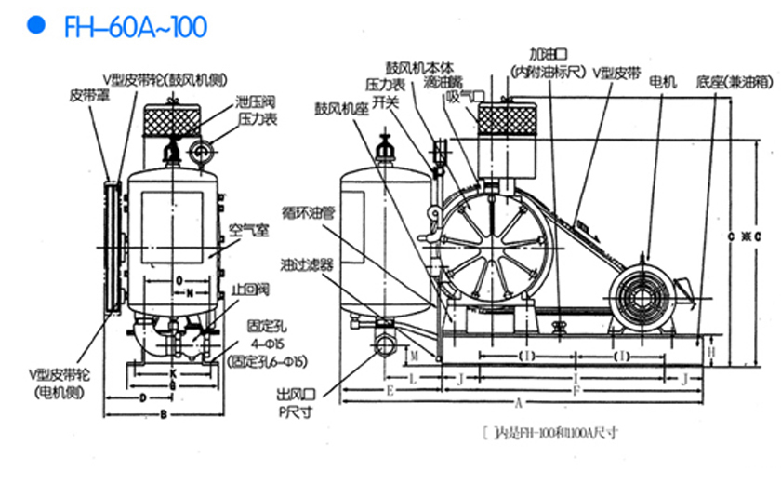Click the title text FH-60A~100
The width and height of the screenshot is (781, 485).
coord(135,26)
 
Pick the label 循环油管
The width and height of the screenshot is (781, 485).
coord(306,212)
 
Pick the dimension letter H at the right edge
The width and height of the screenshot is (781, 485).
coord(710,353)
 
